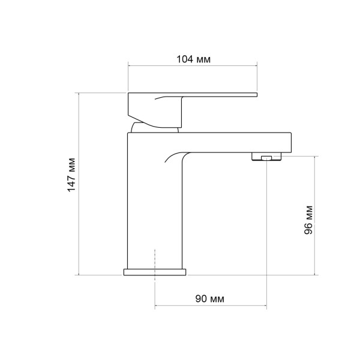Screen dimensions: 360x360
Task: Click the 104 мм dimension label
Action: pyautogui.click(x=193, y=59)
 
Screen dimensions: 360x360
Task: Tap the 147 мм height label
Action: pyautogui.click(x=71, y=175)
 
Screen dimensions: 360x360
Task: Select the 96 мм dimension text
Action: pyautogui.click(x=308, y=220)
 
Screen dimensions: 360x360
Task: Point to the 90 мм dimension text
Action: pyautogui.click(x=209, y=299)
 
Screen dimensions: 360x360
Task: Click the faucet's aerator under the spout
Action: pyautogui.click(x=266, y=157)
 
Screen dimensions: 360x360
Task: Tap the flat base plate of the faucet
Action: pyautogui.click(x=155, y=272)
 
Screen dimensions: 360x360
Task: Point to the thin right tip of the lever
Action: pyautogui.click(x=257, y=95)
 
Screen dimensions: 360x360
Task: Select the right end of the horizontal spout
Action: pyautogui.click(x=291, y=142)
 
